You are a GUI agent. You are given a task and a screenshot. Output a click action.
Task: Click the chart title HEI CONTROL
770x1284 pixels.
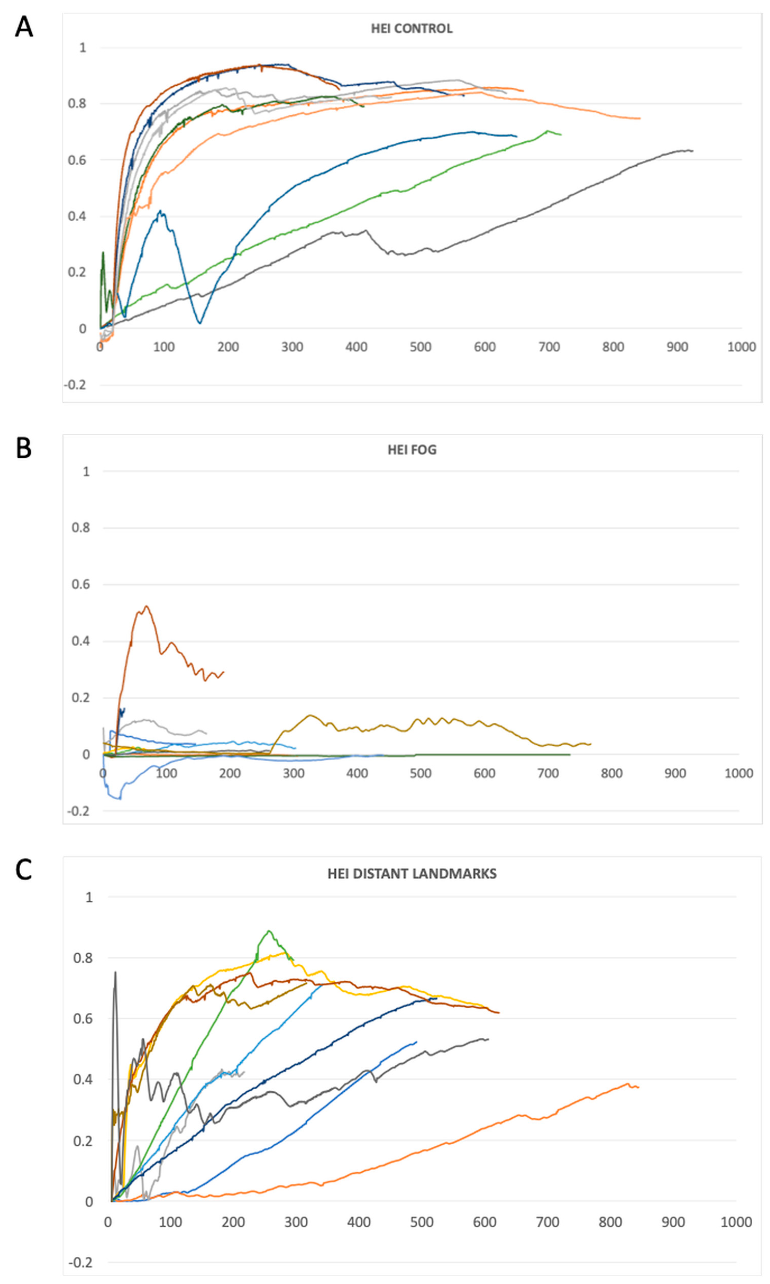[411, 29]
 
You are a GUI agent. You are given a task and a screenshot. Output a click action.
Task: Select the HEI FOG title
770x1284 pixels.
[412, 450]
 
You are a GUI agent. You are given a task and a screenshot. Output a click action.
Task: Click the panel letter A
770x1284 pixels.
[24, 27]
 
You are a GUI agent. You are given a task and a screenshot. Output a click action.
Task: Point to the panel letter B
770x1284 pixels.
[24, 448]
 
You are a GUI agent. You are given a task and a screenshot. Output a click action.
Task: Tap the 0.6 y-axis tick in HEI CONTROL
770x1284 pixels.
[77, 160]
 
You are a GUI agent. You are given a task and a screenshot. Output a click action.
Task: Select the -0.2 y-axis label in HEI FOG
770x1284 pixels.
[77, 811]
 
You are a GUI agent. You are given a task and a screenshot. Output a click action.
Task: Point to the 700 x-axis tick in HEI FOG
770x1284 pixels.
[548, 774]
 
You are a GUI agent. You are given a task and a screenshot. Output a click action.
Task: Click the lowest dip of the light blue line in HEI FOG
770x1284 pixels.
[120, 799]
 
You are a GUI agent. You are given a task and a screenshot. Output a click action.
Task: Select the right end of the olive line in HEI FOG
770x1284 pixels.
[590, 744]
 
